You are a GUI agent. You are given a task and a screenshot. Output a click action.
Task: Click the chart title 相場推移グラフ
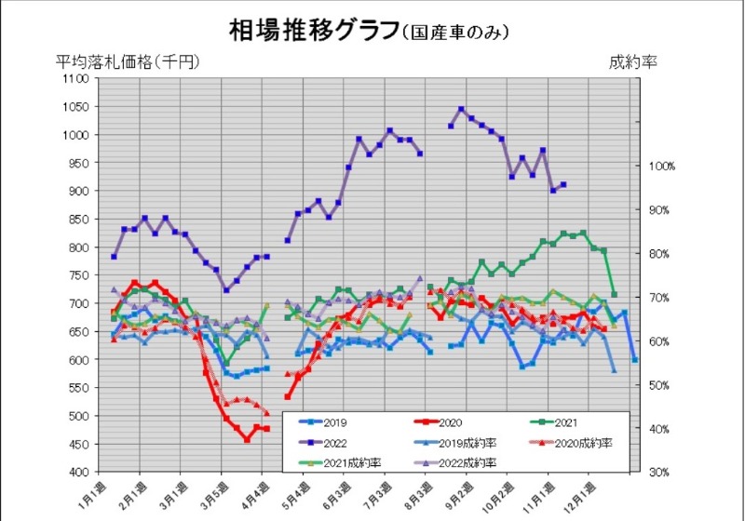tap(313, 30)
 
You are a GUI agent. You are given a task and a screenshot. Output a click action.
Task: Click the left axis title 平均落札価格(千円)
tap(128, 62)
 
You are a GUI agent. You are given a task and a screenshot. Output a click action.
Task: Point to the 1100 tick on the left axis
tap(76, 79)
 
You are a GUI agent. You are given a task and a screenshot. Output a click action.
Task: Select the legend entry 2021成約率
tap(350, 462)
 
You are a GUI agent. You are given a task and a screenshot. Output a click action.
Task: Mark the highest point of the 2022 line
tap(461, 109)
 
